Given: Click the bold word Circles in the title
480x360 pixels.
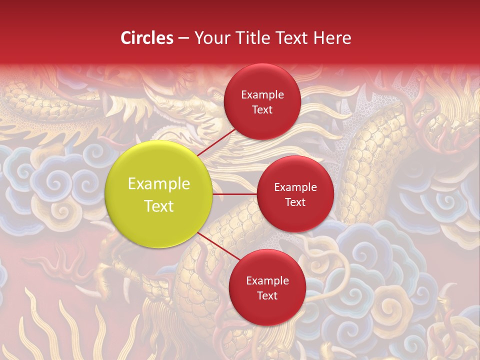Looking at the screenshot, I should tap(147, 38).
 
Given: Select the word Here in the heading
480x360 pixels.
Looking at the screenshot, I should tap(332, 38).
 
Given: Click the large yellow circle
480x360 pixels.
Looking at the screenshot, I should tap(159, 194).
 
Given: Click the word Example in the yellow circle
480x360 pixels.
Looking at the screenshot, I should tap(159, 184).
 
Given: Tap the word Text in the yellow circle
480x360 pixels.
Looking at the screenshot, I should tap(159, 206).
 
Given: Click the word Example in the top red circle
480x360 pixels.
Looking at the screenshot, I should tap(262, 95).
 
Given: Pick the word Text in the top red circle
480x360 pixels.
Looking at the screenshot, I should tap(262, 110).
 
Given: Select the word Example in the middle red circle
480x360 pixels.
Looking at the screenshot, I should tap(295, 187).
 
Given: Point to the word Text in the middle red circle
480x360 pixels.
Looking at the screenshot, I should tap(295, 202).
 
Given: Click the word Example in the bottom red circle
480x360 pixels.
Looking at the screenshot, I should tap(267, 281).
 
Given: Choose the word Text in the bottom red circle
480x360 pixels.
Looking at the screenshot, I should tap(267, 296).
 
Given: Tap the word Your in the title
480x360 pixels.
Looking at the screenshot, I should tap(209, 38).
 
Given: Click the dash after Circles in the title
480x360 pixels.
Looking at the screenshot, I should tap(183, 38).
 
